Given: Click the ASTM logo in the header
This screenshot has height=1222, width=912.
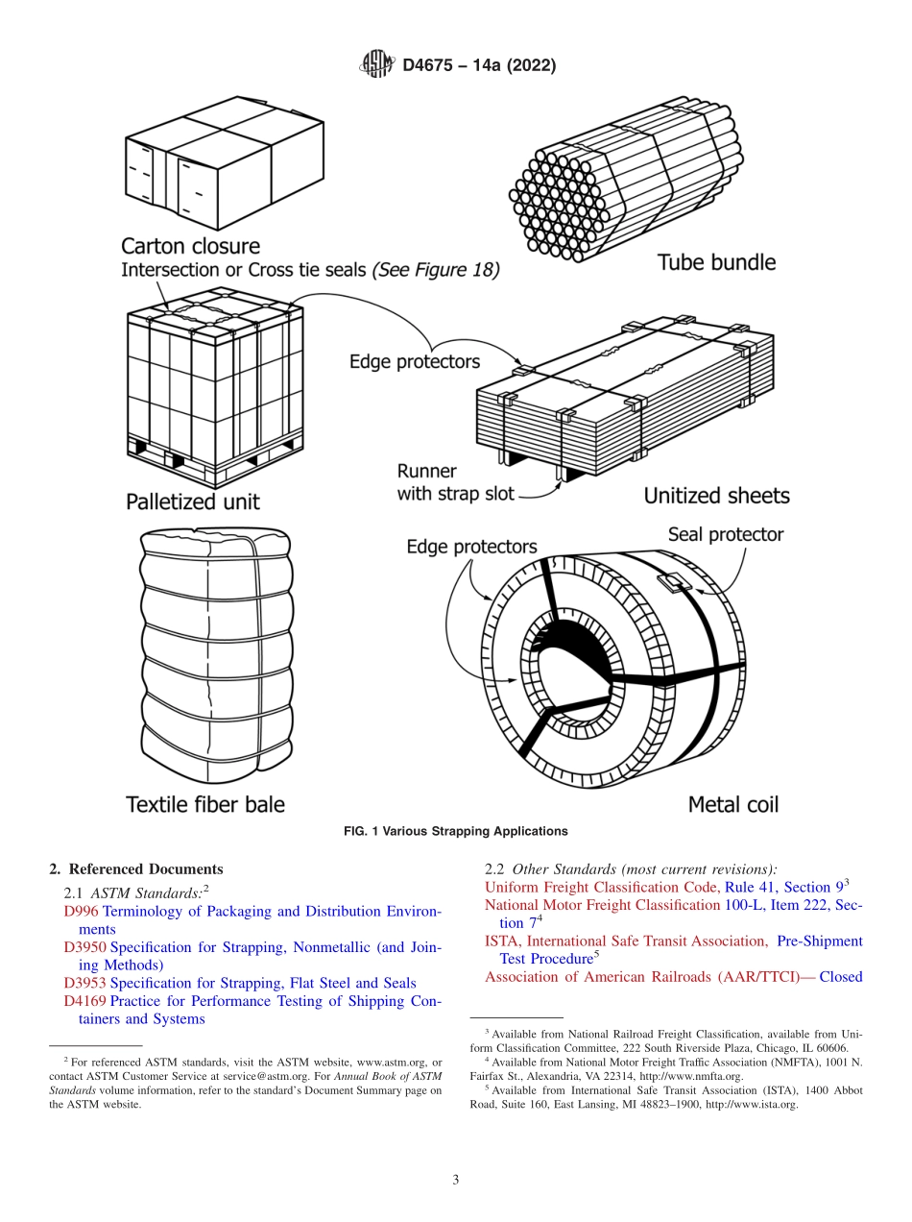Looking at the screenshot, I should [376, 65].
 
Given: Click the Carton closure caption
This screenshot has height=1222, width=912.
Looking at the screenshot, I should [190, 247].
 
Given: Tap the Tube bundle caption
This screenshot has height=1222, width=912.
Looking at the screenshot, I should [716, 262].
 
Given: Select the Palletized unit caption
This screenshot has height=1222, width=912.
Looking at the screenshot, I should [192, 501].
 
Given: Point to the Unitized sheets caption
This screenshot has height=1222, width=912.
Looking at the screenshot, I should [716, 496].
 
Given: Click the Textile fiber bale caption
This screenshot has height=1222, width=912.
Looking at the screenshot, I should [205, 804].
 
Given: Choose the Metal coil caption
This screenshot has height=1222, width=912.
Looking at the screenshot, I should [732, 804].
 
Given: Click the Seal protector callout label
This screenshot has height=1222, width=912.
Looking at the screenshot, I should [726, 534].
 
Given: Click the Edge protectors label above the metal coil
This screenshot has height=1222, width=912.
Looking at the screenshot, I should [471, 547].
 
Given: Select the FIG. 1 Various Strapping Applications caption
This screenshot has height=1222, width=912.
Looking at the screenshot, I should [455, 831].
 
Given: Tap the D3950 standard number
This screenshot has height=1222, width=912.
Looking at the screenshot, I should [84, 947].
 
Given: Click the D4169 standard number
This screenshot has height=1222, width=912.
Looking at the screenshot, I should [84, 1001].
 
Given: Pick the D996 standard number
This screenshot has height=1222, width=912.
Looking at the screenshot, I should [81, 911].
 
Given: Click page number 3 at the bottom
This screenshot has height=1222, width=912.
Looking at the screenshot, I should [455, 1180].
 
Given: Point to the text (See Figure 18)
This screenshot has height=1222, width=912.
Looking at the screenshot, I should [436, 271].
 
